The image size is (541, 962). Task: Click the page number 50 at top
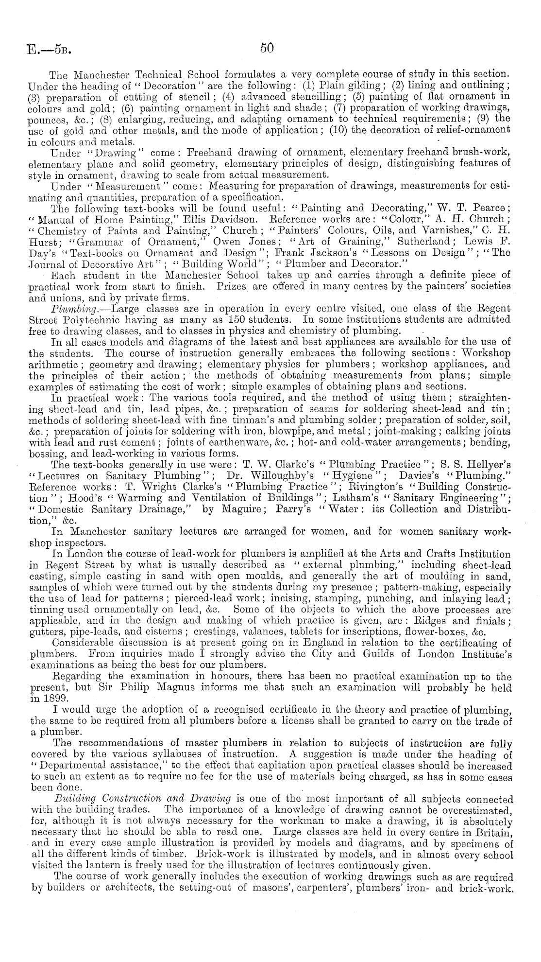267,48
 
